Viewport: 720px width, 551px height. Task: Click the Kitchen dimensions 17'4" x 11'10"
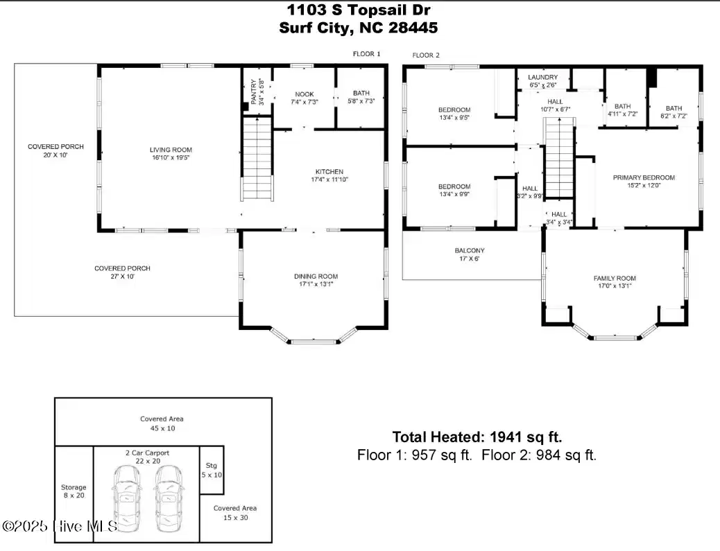[x=329, y=180]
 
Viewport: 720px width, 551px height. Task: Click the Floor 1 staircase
[x=257, y=158]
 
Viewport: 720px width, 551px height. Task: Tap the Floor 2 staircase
[x=559, y=157]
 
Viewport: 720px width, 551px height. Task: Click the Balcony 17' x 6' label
[x=470, y=254]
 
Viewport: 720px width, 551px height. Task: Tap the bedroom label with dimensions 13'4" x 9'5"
[x=454, y=114]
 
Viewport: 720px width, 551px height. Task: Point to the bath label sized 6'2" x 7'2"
[x=674, y=112]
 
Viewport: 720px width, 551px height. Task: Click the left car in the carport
[x=127, y=499]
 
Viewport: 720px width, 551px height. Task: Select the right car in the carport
[x=169, y=499]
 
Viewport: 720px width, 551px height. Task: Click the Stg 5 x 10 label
[x=212, y=470]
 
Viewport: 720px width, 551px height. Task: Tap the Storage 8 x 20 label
[x=74, y=491]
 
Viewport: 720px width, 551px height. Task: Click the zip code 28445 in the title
[x=413, y=28]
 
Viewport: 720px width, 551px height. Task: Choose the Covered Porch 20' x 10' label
[x=55, y=150]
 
